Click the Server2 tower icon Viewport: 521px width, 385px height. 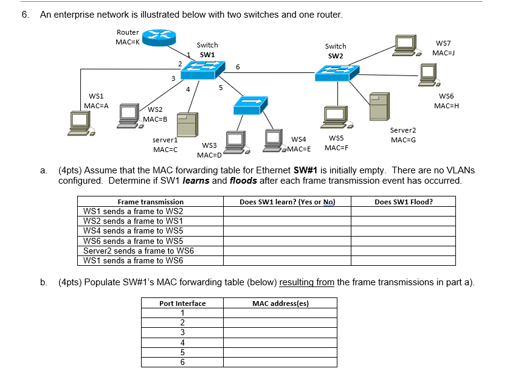click(x=379, y=106)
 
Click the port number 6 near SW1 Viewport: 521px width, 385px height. click(x=238, y=67)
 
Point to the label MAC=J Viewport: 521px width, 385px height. click(x=444, y=54)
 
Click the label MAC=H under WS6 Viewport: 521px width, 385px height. click(x=446, y=106)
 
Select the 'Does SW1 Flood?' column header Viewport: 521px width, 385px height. click(x=403, y=202)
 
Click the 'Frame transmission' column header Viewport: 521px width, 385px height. click(x=150, y=202)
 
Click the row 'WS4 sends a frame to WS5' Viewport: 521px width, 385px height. click(x=133, y=231)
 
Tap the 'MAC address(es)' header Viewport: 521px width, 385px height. click(x=280, y=303)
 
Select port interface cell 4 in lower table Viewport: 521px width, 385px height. click(x=182, y=342)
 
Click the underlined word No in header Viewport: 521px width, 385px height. click(x=329, y=202)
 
